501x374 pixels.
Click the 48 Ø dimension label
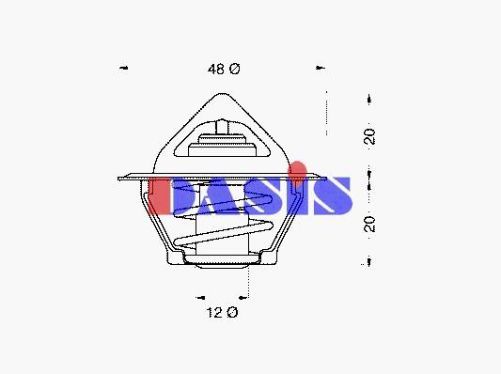tap(224, 69)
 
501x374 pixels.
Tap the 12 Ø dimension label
tap(222, 312)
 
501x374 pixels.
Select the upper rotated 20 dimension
tap(369, 136)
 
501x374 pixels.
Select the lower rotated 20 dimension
tap(369, 224)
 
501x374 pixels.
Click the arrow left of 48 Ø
tap(124, 68)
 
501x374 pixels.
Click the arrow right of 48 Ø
tap(321, 68)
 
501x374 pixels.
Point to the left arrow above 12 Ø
tap(200, 298)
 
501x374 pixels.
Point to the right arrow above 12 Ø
tap(243, 298)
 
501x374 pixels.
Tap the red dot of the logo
tap(297, 168)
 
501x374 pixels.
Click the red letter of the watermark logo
tap(158, 195)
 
